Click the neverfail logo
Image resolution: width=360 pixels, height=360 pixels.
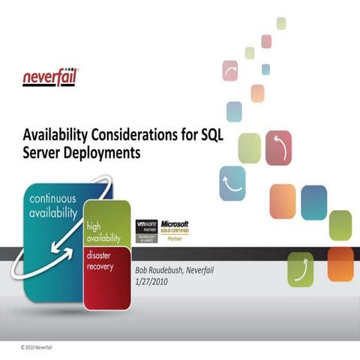click(50, 76)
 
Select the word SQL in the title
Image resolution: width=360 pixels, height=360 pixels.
click(213, 135)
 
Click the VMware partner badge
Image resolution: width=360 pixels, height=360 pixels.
click(146, 230)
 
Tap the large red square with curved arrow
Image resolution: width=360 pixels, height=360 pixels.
click(278, 147)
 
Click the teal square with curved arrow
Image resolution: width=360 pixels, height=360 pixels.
click(232, 183)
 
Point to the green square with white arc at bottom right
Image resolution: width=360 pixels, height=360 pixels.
click(301, 269)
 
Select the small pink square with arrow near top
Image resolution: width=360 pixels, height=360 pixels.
click(230, 70)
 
